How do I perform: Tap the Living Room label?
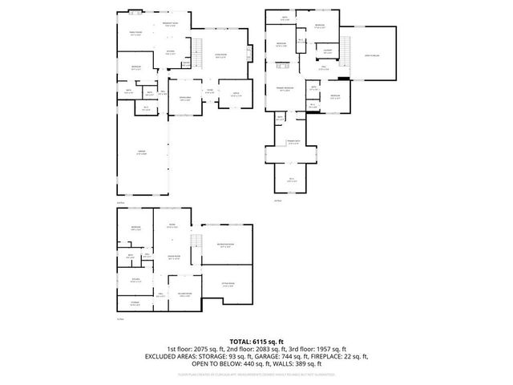coord(220,56)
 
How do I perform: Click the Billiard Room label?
coord(184,294)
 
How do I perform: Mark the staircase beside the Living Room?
coord(194,58)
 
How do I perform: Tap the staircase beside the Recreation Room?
coord(192,244)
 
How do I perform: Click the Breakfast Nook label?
coord(170,24)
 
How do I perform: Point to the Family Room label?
coord(135,34)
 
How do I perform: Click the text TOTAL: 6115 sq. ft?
coord(256,341)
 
